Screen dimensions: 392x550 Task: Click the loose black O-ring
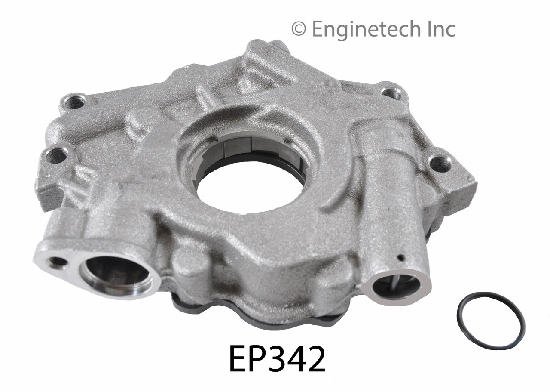(x=490, y=320)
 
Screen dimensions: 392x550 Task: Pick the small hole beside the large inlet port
(x=57, y=261)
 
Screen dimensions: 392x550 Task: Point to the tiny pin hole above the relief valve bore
(x=400, y=258)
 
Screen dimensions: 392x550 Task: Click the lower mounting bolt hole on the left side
(x=57, y=155)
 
